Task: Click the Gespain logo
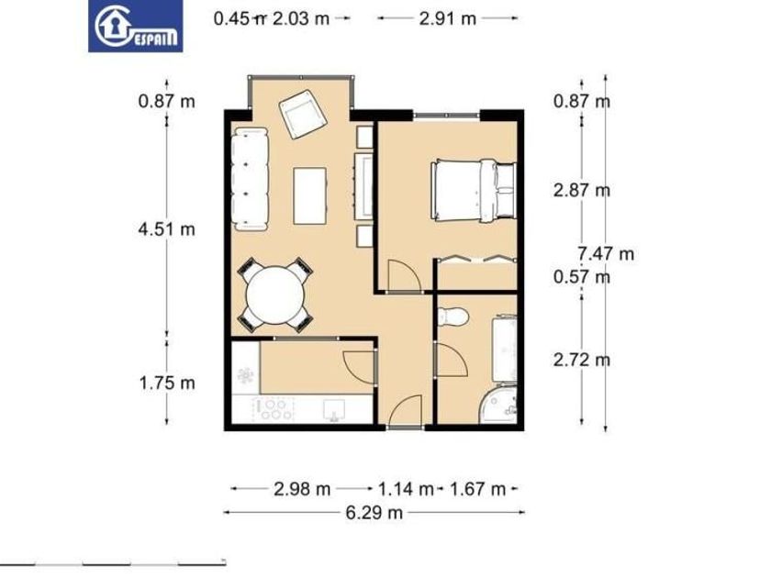135,26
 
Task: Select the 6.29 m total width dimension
374,513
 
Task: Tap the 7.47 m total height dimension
606,253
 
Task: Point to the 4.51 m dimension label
167,229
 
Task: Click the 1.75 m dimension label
167,383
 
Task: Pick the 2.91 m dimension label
448,18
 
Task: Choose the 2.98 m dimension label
302,489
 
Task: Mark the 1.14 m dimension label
406,489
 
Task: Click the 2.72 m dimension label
582,360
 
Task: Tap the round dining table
276,295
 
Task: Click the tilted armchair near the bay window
303,114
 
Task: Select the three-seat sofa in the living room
251,179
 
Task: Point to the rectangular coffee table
310,196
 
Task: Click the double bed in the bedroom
474,191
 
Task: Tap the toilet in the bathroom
453,317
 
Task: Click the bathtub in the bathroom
505,350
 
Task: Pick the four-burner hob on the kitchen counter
273,409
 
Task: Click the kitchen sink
334,409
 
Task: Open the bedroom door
404,276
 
